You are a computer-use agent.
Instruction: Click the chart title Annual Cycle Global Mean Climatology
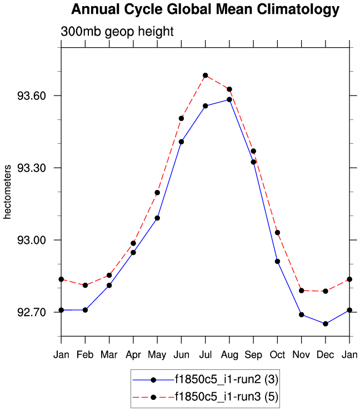click(x=205, y=9)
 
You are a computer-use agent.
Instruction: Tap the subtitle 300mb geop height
click(x=117, y=32)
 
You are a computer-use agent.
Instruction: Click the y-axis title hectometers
click(x=8, y=192)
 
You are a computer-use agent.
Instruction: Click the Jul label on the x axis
click(x=205, y=354)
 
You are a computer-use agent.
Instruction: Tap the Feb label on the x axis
click(x=85, y=354)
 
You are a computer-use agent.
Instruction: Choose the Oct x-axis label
click(x=277, y=354)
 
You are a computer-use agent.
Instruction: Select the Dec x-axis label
click(x=326, y=354)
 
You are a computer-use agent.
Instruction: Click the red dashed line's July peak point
click(x=205, y=76)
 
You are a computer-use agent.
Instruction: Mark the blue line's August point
click(x=229, y=99)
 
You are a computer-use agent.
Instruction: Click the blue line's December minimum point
click(x=326, y=324)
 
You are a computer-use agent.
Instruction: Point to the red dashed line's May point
click(x=157, y=193)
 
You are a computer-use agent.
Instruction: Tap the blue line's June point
click(x=181, y=142)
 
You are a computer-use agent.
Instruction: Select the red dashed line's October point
click(x=277, y=233)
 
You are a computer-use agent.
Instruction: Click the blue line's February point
click(x=85, y=310)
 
